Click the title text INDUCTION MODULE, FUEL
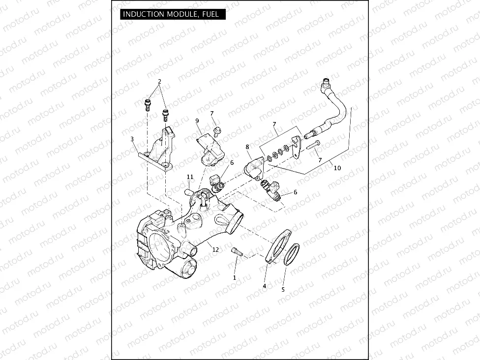point(171,14)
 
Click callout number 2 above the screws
point(159,81)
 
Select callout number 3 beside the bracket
point(132,139)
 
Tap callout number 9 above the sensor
point(197,120)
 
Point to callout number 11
point(190,177)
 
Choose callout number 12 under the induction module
point(215,250)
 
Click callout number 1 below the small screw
point(235,278)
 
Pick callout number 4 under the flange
point(264,286)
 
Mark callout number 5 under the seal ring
point(283,290)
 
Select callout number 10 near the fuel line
point(337,168)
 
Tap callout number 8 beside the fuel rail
point(247,147)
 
